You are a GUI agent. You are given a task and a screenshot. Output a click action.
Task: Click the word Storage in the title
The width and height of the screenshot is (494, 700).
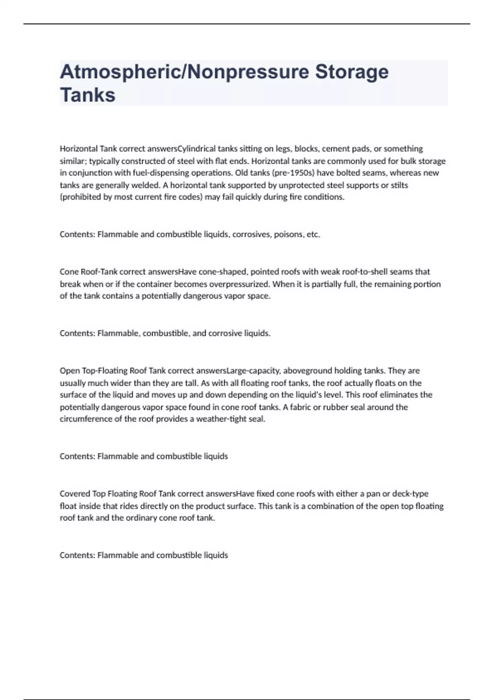[352, 72]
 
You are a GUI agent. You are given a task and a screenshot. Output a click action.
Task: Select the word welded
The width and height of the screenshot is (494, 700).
[145, 185]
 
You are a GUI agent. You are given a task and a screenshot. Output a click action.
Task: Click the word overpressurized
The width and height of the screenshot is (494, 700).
[239, 284]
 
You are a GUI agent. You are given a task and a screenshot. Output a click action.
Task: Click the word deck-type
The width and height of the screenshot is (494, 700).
[410, 494]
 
